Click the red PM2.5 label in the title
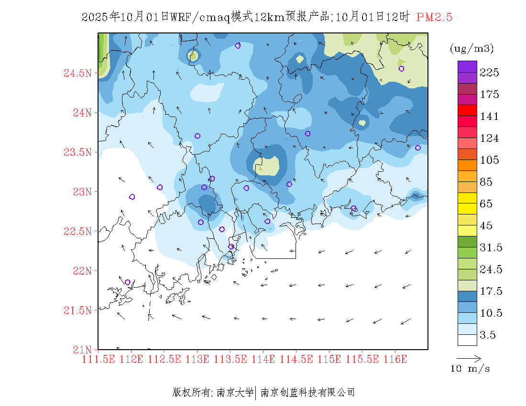434,18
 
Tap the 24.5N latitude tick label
77,74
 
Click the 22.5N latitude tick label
77,232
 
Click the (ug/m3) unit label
471,49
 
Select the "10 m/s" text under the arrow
471,369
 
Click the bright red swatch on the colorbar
467,110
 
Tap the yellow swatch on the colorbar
467,198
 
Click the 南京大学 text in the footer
235,393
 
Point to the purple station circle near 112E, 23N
132,197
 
